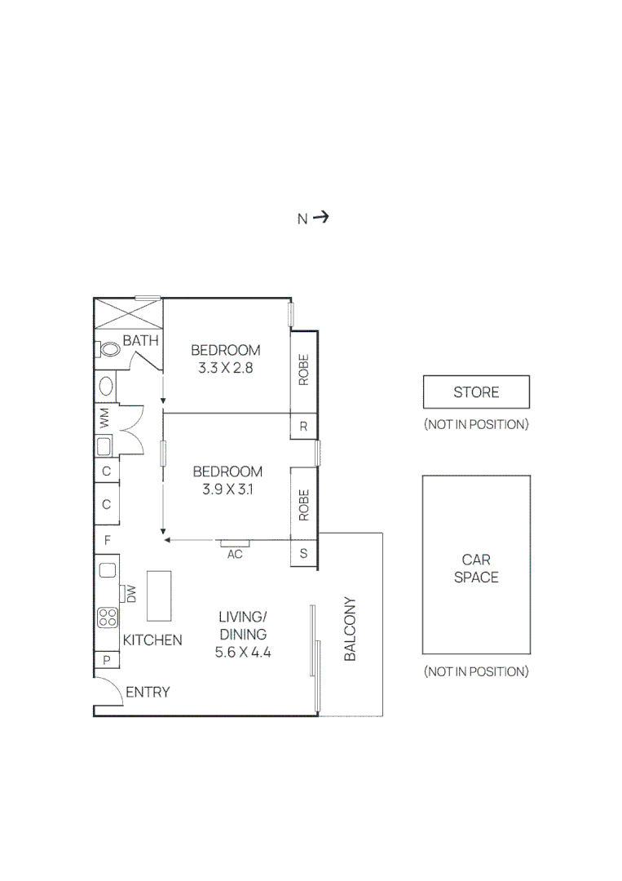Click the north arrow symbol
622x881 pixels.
(x=320, y=217)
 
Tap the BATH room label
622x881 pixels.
(x=140, y=341)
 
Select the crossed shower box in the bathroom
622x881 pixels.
(x=129, y=313)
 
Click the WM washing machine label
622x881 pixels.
(x=104, y=420)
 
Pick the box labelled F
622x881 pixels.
(x=107, y=540)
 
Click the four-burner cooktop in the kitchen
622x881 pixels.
(x=107, y=618)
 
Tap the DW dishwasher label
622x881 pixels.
(x=130, y=594)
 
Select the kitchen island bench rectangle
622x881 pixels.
(x=160, y=595)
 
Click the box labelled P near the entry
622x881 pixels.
(x=107, y=661)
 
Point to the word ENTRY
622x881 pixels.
(x=148, y=692)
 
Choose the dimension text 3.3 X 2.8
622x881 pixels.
(x=226, y=368)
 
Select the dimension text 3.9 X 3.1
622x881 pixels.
(x=227, y=489)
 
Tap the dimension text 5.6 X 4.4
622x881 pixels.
(x=242, y=652)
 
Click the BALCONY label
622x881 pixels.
(x=351, y=629)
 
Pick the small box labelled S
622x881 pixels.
(x=304, y=553)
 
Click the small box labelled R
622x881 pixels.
(x=304, y=426)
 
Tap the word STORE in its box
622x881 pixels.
(x=476, y=392)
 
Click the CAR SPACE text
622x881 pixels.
(x=476, y=569)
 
